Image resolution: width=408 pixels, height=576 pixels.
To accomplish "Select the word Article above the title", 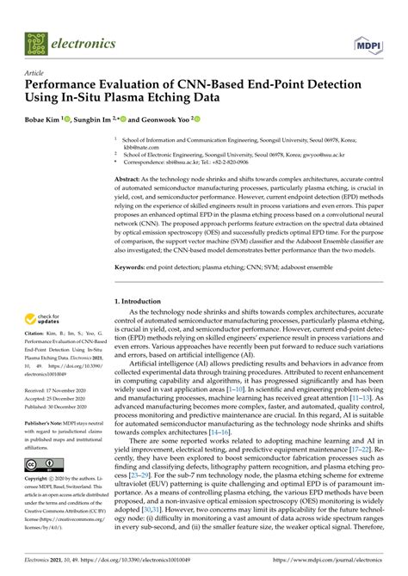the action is click(34, 72).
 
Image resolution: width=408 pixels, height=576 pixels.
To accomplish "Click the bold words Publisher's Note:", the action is click(46, 424).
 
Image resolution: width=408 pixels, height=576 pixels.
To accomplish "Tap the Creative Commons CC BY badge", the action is click(39, 463).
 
